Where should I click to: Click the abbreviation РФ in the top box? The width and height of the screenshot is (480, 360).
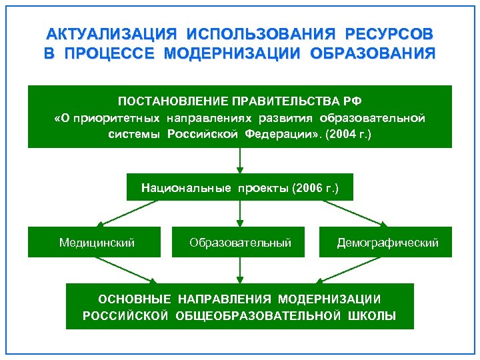[352, 101]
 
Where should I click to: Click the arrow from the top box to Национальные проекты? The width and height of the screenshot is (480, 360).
[240, 161]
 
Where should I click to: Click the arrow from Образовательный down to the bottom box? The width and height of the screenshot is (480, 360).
[240, 270]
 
